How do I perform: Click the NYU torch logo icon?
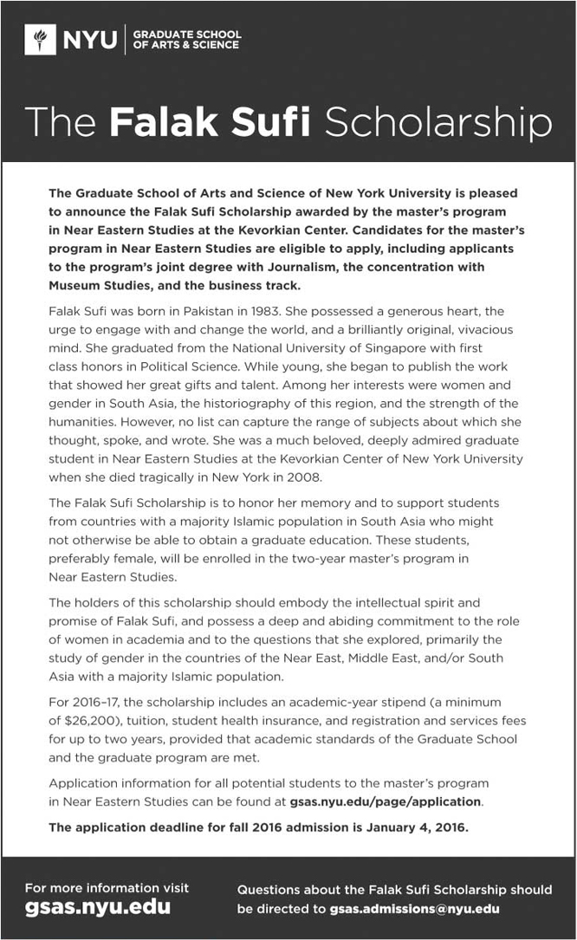40,39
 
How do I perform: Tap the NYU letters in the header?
88,39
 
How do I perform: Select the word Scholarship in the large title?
438,123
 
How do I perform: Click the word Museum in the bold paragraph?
76,285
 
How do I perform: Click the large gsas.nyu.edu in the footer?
97,908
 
